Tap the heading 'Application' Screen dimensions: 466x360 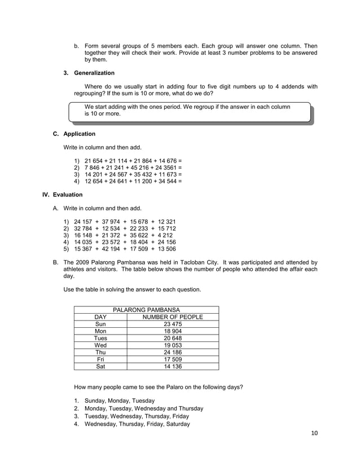click(79, 134)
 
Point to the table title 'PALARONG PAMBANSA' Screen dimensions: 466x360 click(146, 310)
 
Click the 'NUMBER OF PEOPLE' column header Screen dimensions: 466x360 click(173, 317)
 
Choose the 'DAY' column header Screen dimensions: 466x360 click(100, 317)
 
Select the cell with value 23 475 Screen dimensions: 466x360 click(173, 324)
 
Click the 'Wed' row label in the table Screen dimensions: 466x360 click(100, 345)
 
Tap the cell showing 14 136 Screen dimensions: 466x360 click(173, 366)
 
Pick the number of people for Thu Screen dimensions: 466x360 click(173, 352)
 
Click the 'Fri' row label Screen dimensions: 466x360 click(100, 359)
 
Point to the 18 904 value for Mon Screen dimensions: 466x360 click(173, 331)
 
